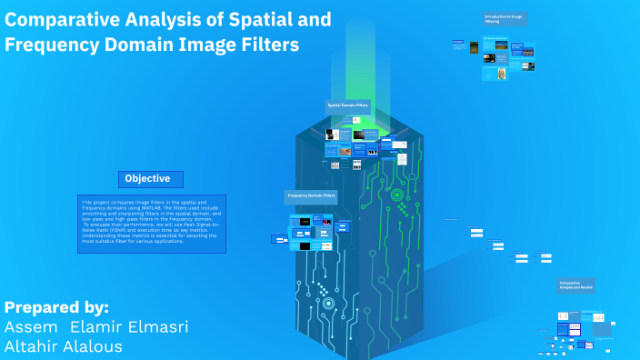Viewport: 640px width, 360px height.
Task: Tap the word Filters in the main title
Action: (x=265, y=45)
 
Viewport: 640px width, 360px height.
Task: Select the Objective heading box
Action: (x=150, y=178)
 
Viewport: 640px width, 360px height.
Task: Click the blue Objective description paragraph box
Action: (x=151, y=223)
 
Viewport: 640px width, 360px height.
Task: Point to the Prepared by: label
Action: (x=56, y=306)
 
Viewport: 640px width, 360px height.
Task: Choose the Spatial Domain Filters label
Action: (x=348, y=106)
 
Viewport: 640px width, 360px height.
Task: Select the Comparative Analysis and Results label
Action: (x=576, y=285)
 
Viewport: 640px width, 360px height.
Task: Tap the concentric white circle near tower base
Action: (x=328, y=304)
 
